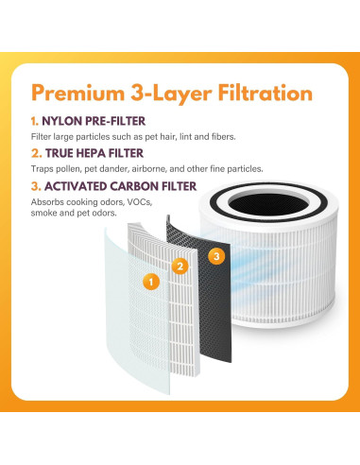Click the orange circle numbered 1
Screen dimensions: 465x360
[148, 281]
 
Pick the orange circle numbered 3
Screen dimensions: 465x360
[216, 255]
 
